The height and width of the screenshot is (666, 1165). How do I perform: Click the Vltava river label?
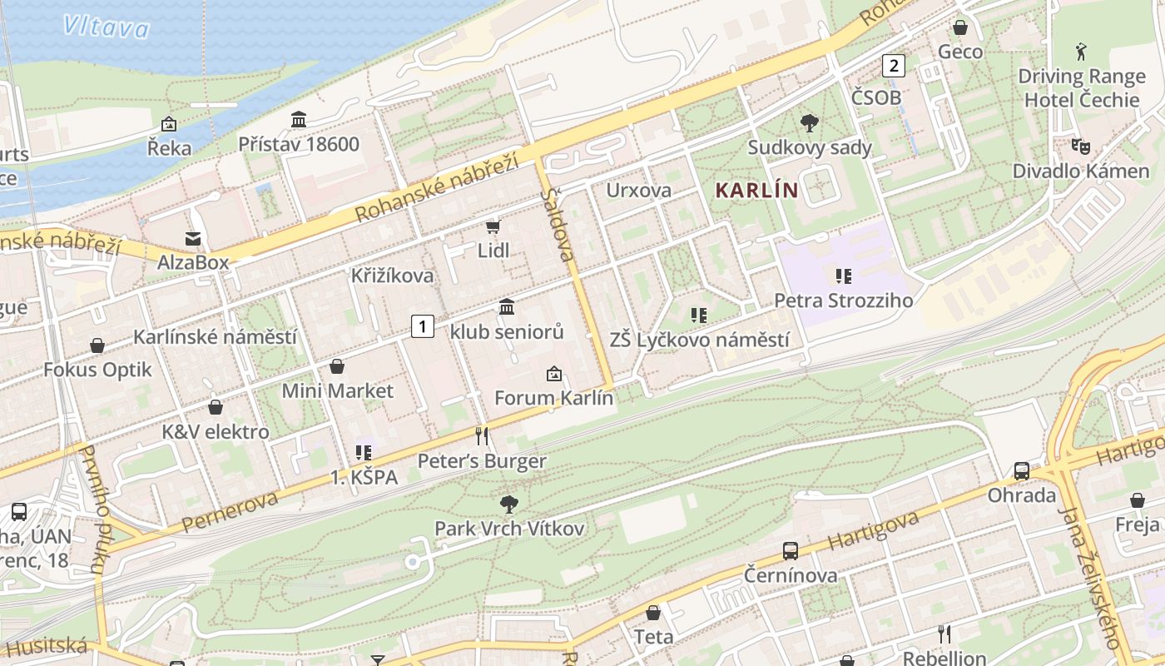(x=106, y=27)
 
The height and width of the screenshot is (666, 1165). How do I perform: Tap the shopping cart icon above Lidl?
(x=493, y=226)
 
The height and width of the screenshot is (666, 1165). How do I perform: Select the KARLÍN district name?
(x=756, y=190)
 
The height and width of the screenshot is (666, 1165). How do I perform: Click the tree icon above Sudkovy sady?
(x=809, y=124)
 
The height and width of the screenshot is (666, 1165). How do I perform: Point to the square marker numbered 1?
(x=423, y=326)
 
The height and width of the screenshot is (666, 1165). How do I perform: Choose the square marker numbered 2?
(x=894, y=65)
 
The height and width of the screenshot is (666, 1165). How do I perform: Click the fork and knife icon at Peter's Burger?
(x=481, y=435)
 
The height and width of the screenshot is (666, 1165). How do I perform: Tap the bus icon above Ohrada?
(x=1021, y=471)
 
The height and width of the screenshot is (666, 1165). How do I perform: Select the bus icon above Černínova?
(x=790, y=550)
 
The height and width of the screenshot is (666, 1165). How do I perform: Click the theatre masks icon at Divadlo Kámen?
(x=1080, y=147)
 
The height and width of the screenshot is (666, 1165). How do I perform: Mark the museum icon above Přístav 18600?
(x=299, y=120)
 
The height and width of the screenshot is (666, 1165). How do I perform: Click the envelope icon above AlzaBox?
(x=193, y=239)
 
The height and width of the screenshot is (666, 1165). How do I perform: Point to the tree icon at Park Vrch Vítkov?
(x=508, y=504)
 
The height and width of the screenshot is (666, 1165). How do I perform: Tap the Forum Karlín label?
(x=553, y=398)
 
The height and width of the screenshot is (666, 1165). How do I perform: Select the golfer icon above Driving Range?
(x=1081, y=52)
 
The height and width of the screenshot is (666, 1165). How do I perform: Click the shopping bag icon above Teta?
(x=653, y=613)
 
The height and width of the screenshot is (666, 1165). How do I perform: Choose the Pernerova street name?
(x=229, y=511)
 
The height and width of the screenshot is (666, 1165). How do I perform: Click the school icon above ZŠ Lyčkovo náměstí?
(x=699, y=316)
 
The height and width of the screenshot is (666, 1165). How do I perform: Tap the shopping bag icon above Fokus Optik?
(x=97, y=345)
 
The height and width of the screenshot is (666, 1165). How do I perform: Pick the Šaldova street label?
(x=558, y=225)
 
